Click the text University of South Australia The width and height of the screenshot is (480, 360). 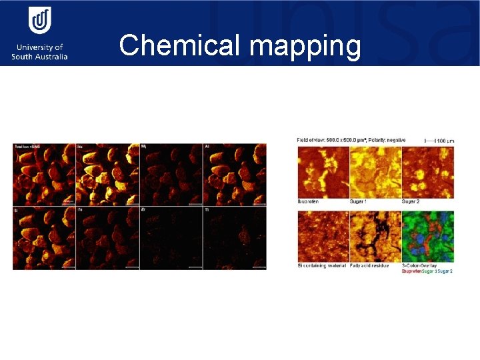tap(39, 52)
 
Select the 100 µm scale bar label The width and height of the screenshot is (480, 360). tap(444, 141)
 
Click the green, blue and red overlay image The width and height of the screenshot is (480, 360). tap(428, 237)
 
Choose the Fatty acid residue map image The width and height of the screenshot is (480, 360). tap(375, 237)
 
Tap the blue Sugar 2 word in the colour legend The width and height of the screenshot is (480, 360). tap(445, 271)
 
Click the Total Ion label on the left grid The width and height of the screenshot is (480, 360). tap(27, 146)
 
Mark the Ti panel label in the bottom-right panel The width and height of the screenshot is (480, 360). tap(207, 209)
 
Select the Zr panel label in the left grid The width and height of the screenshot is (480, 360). tap(143, 209)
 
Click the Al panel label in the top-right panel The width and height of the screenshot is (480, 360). tap(207, 146)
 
